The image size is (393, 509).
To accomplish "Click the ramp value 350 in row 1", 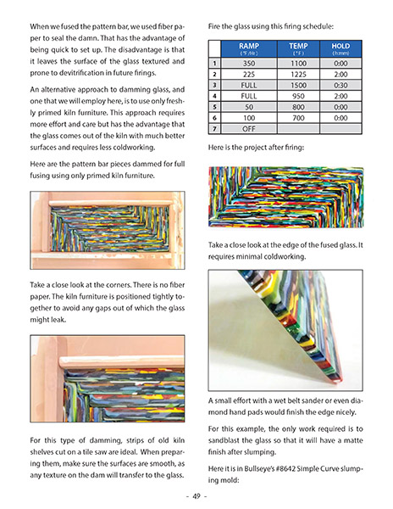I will click(x=249, y=63).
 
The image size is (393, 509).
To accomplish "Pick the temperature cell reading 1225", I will click(x=298, y=74).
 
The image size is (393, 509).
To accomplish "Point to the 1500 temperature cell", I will click(x=298, y=85).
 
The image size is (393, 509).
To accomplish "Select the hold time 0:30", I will click(x=340, y=85).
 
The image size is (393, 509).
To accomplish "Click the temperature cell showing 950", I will click(x=298, y=96).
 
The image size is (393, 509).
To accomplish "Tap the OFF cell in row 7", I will click(x=249, y=129).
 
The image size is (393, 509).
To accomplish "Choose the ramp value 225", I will click(x=249, y=74).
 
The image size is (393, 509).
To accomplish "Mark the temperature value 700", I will click(x=298, y=118).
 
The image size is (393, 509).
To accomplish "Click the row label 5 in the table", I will click(x=215, y=107).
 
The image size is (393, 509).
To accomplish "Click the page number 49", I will click(x=196, y=495).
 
